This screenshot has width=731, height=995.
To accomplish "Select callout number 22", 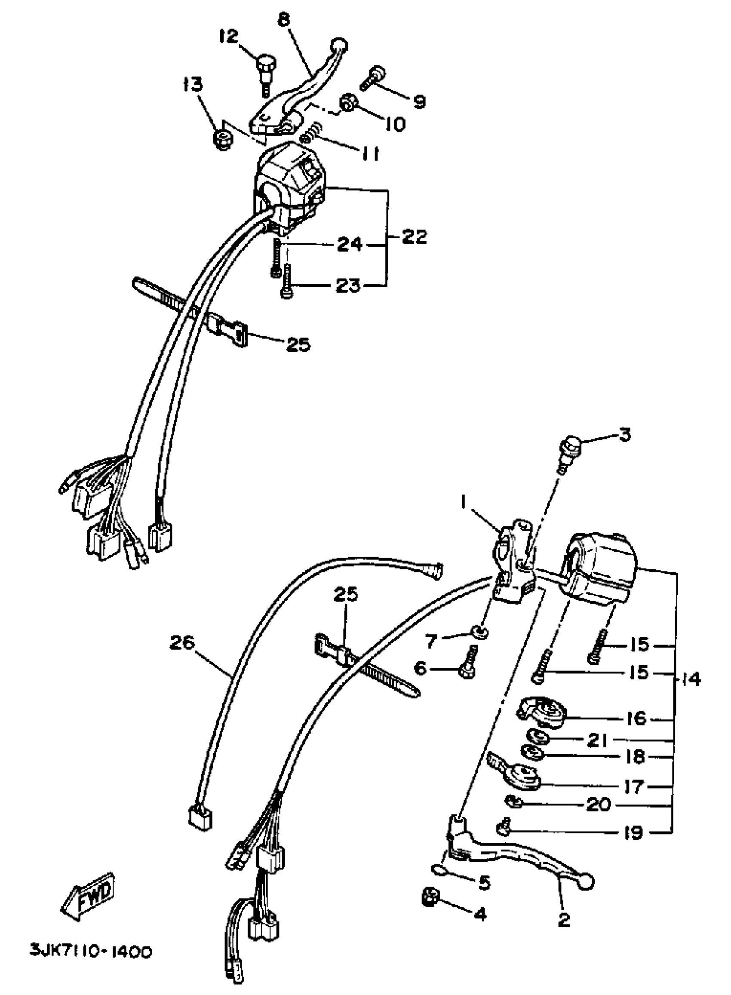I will click(415, 237).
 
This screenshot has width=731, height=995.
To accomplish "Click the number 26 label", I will click(182, 643).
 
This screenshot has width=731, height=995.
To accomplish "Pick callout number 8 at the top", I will click(284, 20).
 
